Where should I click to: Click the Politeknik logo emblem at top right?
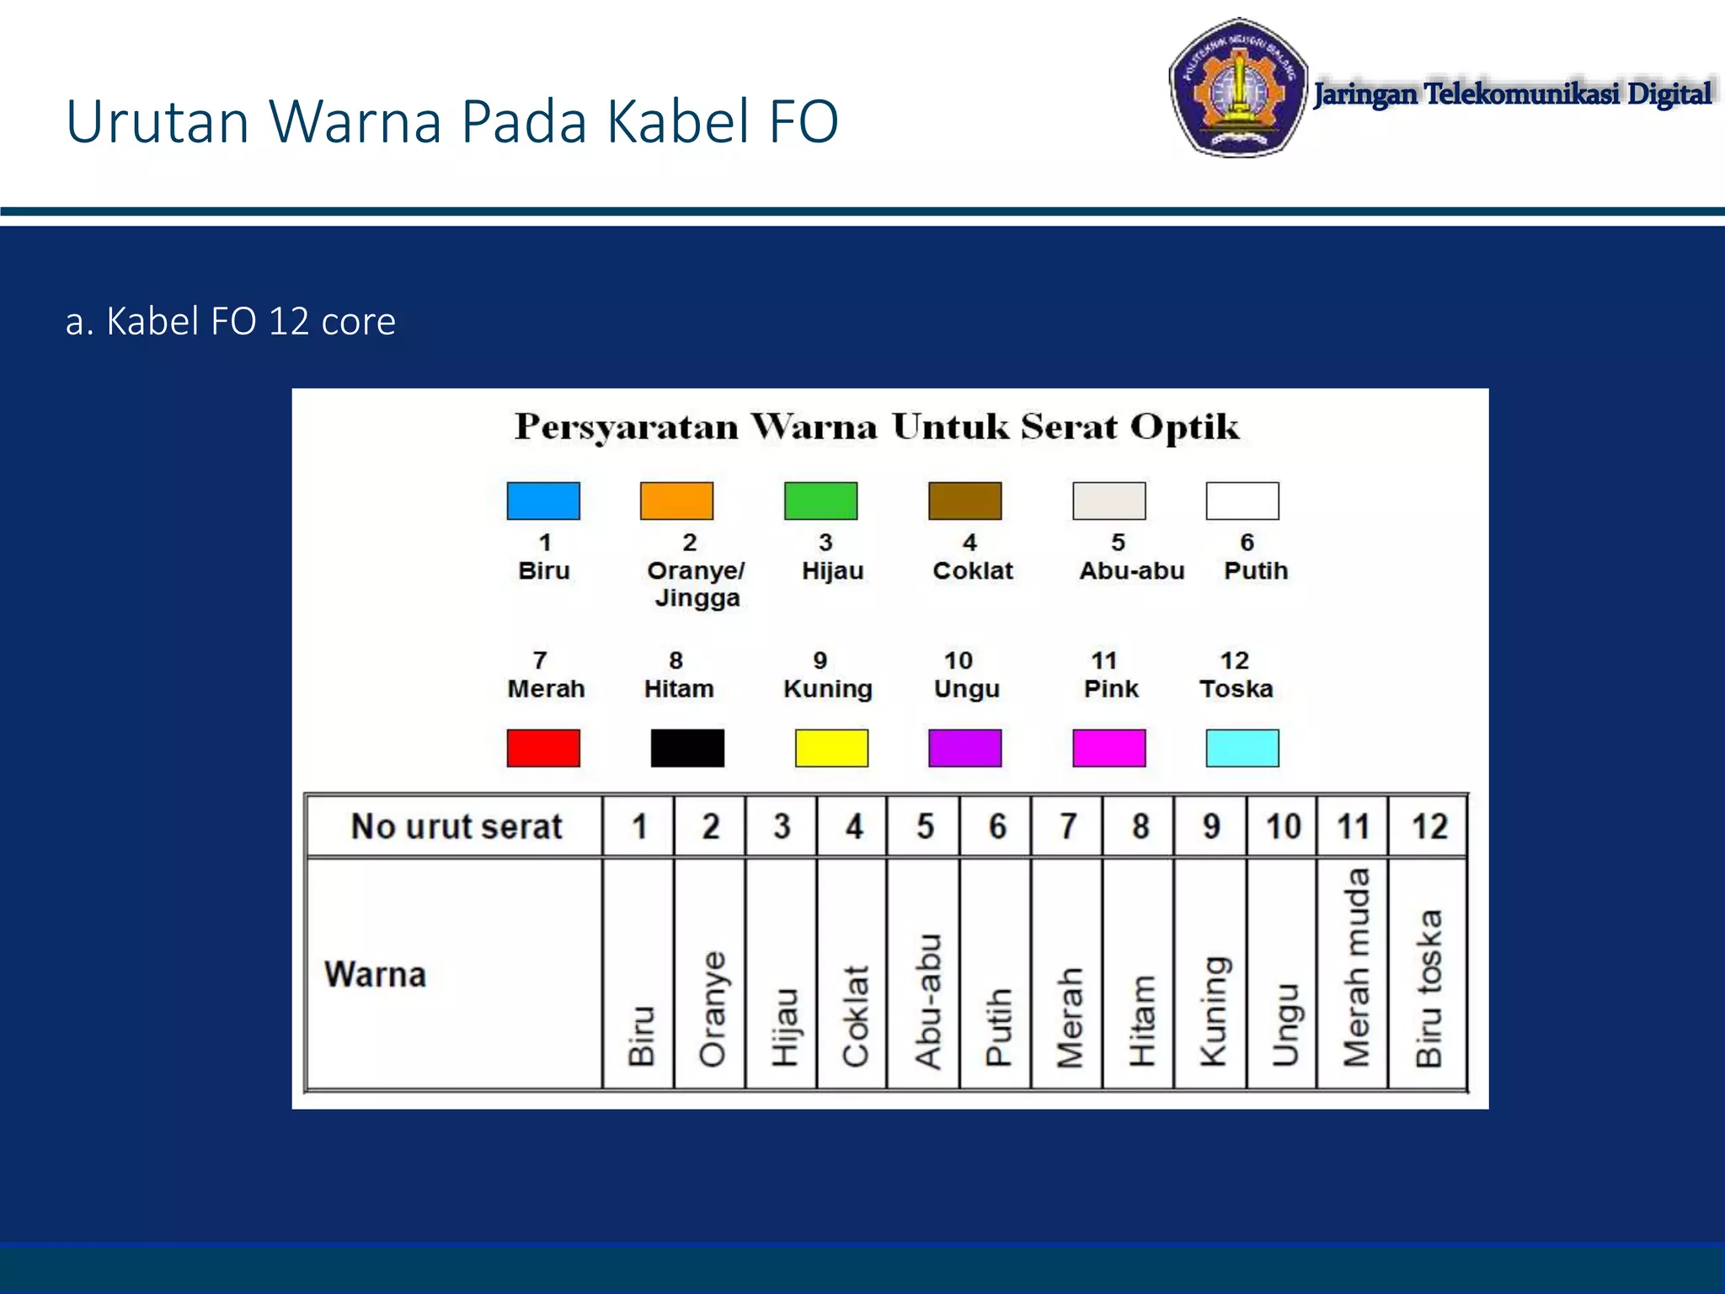coord(1237,88)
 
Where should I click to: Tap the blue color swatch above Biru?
coord(543,501)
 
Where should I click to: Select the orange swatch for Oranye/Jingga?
coord(676,501)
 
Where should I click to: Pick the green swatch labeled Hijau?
coord(820,501)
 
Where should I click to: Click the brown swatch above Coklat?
coord(964,501)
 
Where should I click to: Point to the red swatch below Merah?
coord(543,748)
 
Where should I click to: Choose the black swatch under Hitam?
coord(687,748)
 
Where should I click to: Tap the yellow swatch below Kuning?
coord(831,748)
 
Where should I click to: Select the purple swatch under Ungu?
coord(964,748)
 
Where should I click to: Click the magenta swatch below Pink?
coord(1108,748)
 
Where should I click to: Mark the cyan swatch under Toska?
coord(1242,748)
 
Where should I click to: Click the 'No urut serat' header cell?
coord(456,826)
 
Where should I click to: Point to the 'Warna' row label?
coord(376,975)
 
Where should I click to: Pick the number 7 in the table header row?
coord(1068,826)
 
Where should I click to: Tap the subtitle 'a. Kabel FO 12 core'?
coord(230,321)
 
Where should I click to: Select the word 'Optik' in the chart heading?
coord(1184,426)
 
